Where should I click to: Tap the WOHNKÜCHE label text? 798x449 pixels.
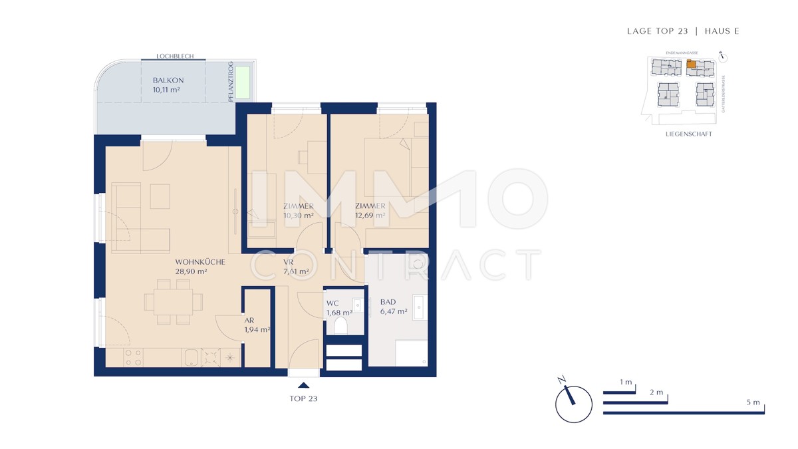[200, 262]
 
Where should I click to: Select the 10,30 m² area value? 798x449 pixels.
[293, 216]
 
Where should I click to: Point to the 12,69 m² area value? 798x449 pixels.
[370, 216]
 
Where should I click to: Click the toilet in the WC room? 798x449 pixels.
[341, 325]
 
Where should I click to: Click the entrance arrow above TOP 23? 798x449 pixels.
[304, 384]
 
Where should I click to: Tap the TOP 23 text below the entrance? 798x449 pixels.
[304, 399]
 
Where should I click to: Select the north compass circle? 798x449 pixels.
[573, 404]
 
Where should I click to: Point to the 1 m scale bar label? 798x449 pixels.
[625, 382]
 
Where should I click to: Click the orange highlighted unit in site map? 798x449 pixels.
[692, 65]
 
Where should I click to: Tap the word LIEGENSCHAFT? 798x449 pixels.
[688, 134]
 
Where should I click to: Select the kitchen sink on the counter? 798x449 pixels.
[190, 357]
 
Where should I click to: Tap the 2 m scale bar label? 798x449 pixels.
[656, 393]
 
